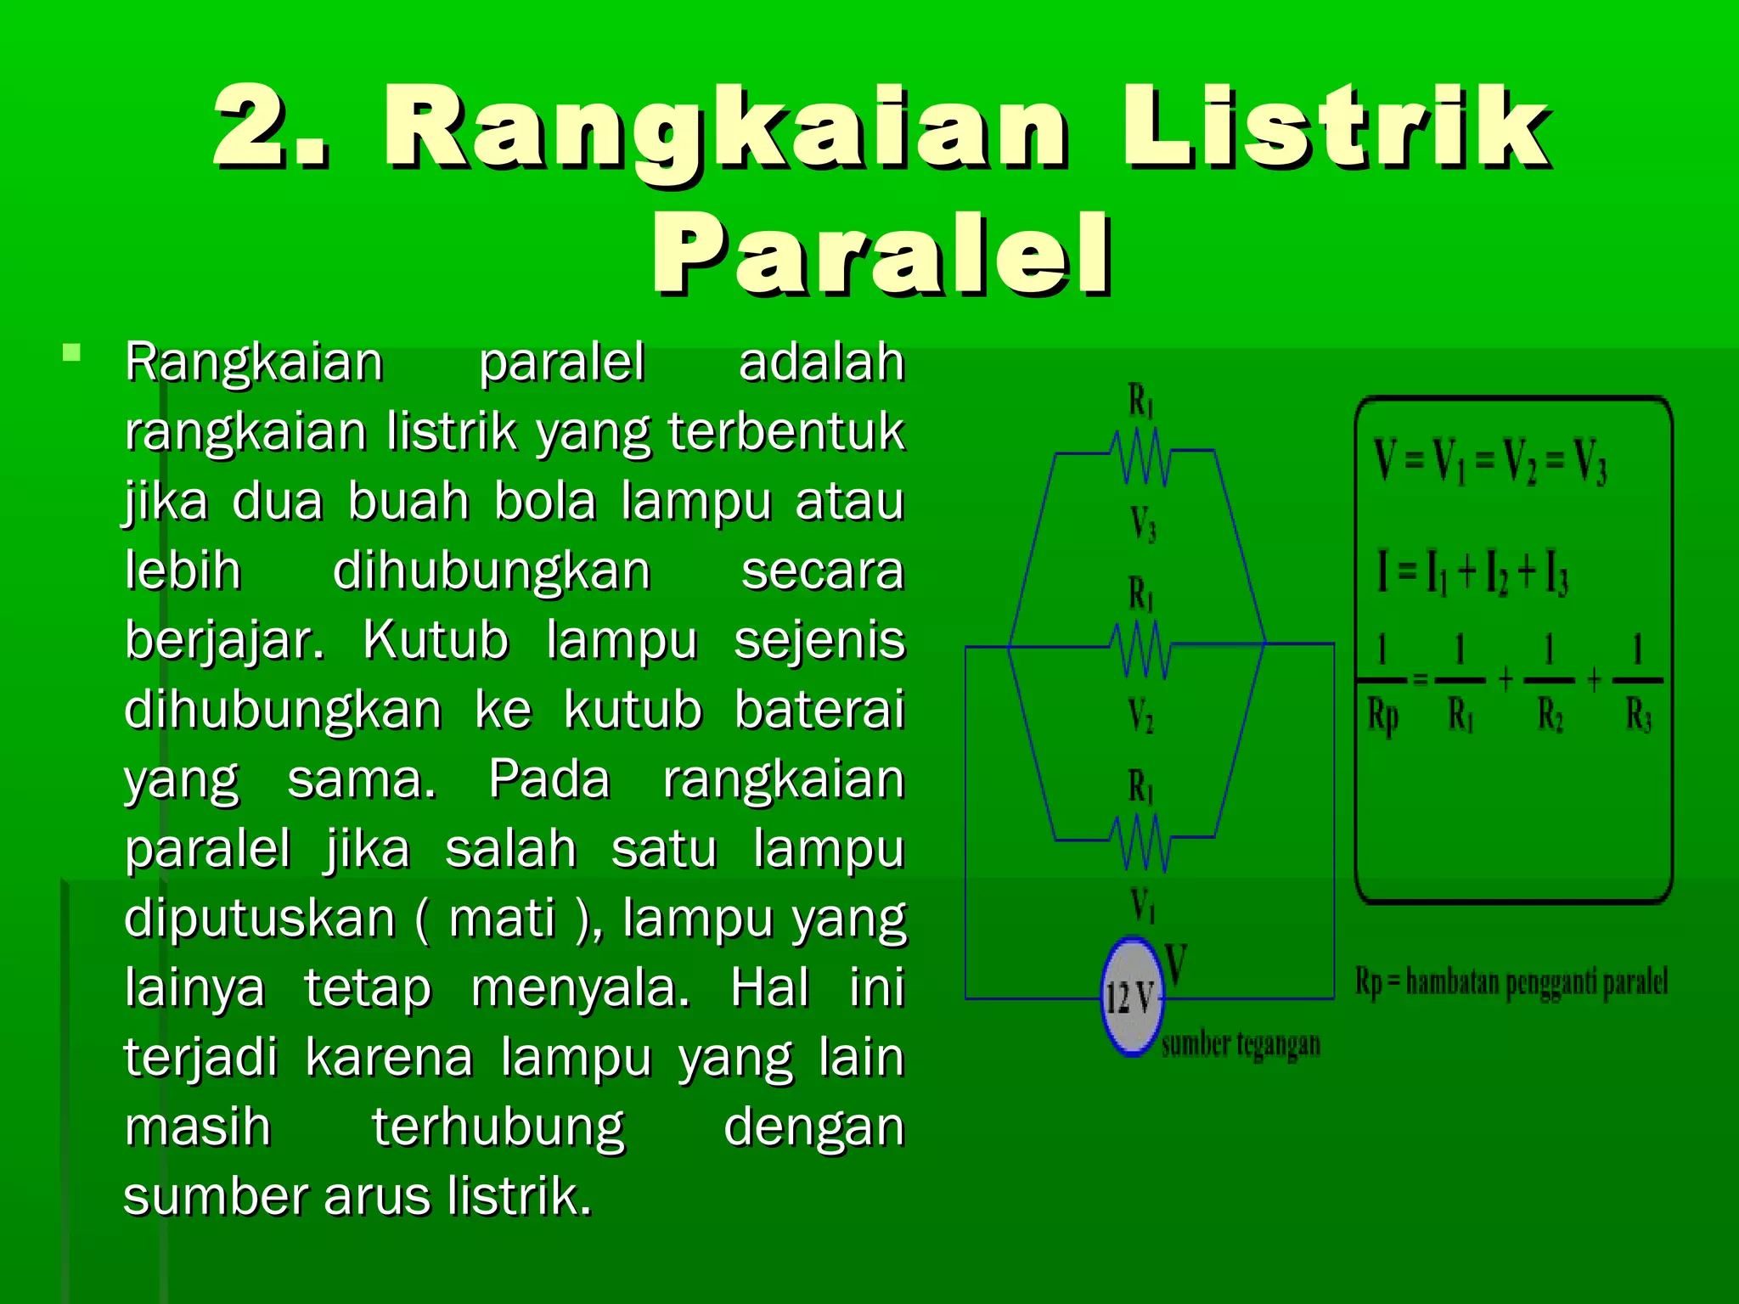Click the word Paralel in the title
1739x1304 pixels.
[x=881, y=255]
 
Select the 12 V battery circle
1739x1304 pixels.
[x=1131, y=997]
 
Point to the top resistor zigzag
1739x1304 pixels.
[x=1142, y=457]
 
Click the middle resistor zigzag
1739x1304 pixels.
[x=1142, y=649]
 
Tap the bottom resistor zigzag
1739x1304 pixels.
[x=1142, y=842]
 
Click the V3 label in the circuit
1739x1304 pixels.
[x=1143, y=524]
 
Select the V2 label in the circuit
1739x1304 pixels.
[x=1141, y=716]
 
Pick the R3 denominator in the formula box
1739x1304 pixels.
[x=1639, y=717]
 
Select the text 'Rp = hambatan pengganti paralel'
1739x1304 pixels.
[x=1511, y=982]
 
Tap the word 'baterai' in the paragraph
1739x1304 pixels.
[x=819, y=710]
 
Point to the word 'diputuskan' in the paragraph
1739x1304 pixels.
[x=259, y=919]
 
